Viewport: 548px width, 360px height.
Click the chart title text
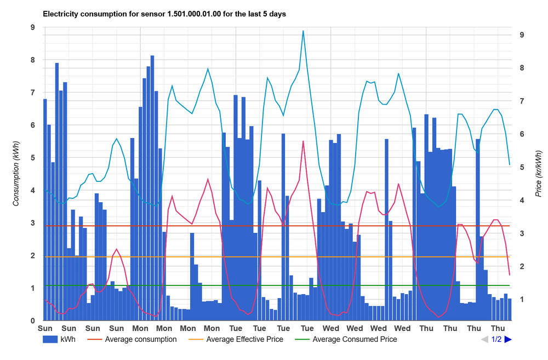click(164, 14)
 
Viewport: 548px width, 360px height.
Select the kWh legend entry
click(59, 339)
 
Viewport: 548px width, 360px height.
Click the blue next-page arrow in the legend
click(508, 339)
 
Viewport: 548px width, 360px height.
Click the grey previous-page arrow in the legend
click(484, 339)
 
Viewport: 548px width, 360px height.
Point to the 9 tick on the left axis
click(33, 27)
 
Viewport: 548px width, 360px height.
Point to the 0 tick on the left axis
click(33, 321)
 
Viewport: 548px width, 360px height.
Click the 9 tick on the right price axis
click(522, 35)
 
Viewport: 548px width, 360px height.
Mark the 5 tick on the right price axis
click(522, 167)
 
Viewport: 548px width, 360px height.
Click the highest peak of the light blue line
click(303, 31)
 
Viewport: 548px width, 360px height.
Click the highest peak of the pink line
click(303, 141)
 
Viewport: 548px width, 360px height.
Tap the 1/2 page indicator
click(496, 339)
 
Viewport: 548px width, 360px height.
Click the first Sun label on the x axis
click(45, 328)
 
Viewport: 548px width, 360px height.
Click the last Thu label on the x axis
click(498, 328)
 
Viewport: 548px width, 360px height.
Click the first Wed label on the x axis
click(331, 328)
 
